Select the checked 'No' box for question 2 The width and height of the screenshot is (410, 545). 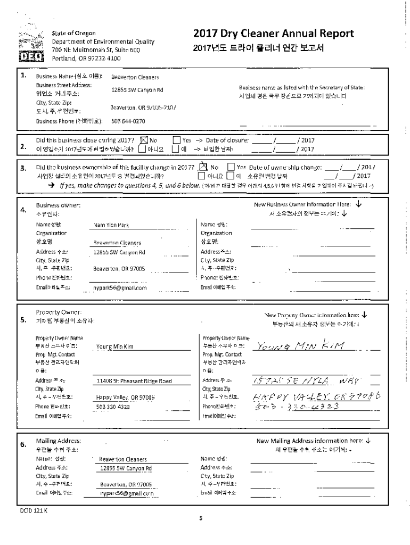(143, 140)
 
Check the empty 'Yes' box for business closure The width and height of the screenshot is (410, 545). (176, 140)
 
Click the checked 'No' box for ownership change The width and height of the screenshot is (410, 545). (202, 167)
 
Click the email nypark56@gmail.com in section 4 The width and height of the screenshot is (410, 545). (120, 287)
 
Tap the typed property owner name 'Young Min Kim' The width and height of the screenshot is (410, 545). (115, 346)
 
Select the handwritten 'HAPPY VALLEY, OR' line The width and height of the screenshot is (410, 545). (315, 397)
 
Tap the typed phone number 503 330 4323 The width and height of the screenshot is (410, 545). (113, 407)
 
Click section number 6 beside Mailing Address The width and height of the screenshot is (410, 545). (23, 445)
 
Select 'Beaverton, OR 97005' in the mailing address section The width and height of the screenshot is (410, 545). (126, 484)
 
